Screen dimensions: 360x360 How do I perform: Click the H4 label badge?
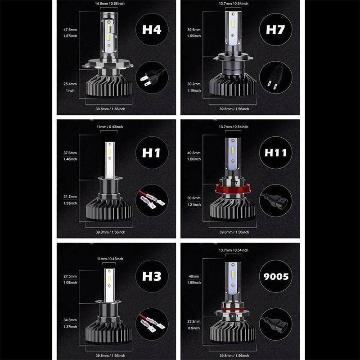point(152,31)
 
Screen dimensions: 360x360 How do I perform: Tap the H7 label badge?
point(276,30)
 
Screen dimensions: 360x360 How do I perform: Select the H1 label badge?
point(152,153)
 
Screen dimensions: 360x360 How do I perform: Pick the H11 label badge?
point(276,153)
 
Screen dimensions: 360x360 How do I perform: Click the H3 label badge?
point(152,276)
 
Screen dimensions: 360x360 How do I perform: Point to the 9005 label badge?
point(276,276)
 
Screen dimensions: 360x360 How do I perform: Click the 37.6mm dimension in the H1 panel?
point(71,153)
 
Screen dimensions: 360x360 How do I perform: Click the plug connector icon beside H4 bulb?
point(152,77)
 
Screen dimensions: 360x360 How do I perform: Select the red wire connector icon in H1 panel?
point(152,201)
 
